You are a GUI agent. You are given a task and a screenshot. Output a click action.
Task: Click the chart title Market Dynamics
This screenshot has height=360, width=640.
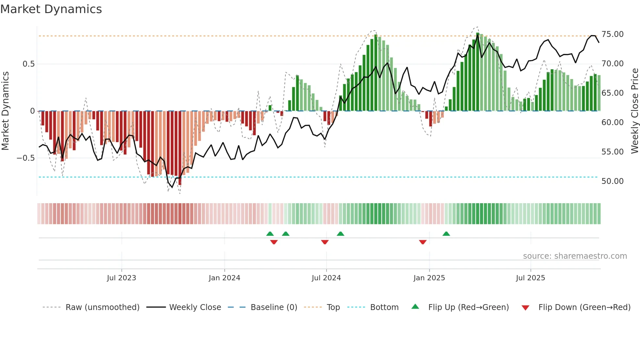click(x=51, y=9)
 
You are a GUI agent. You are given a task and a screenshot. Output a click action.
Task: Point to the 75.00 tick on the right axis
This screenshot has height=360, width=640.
click(x=612, y=34)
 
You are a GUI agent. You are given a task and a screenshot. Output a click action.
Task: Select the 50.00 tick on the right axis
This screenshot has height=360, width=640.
click(x=612, y=181)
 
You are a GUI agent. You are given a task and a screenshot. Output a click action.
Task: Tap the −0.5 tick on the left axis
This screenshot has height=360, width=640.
click(x=25, y=158)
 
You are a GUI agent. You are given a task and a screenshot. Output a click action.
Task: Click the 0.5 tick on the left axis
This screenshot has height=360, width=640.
click(x=28, y=64)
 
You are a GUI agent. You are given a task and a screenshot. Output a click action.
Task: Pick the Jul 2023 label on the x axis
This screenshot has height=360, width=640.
click(x=121, y=278)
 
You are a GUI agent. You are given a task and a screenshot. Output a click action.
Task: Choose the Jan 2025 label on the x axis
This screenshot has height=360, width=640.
click(x=429, y=278)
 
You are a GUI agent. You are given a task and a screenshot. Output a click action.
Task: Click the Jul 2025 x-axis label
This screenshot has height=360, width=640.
click(x=530, y=278)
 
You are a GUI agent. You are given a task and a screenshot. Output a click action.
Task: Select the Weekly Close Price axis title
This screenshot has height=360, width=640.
click(x=634, y=111)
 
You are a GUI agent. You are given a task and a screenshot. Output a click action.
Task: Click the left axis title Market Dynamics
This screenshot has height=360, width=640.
click(x=5, y=111)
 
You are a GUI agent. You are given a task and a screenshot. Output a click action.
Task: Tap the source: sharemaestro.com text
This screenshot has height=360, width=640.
click(x=575, y=256)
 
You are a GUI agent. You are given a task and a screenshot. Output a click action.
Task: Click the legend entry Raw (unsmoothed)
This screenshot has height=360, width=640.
click(x=102, y=307)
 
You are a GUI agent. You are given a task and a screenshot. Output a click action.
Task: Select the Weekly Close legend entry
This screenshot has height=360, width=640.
click(x=195, y=307)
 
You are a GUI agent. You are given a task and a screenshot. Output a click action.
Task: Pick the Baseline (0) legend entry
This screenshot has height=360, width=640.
click(x=274, y=307)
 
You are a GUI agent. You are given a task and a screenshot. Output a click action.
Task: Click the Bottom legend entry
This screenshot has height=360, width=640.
click(x=384, y=307)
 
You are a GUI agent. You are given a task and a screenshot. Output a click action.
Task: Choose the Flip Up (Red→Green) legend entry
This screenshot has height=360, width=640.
click(x=468, y=307)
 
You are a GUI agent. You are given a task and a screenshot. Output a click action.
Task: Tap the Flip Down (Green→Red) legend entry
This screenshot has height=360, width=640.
click(x=584, y=307)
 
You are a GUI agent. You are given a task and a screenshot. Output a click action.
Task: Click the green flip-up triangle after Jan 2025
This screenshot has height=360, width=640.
click(x=446, y=234)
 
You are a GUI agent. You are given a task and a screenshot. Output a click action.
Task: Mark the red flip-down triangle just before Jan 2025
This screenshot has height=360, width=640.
click(x=423, y=242)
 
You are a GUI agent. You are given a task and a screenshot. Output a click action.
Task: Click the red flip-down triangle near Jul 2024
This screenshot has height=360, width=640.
click(x=325, y=242)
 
